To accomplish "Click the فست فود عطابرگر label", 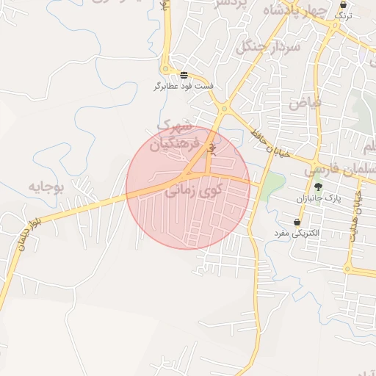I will click(x=184, y=87).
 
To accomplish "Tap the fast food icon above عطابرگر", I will click(x=184, y=75).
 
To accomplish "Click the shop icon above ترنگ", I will click(x=343, y=4).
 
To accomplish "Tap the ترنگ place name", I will click(x=343, y=15).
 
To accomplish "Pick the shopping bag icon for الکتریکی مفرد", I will click(x=297, y=222).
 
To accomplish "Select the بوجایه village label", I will click(x=47, y=187).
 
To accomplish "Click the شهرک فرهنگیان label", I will click(x=175, y=135).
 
